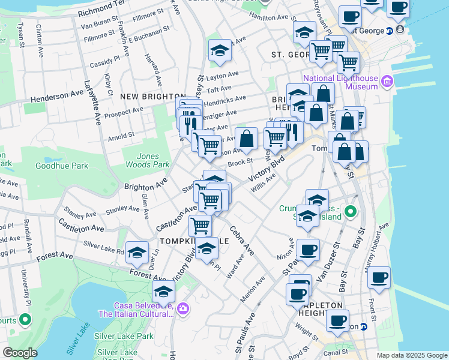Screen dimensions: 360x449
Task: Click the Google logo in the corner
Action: click(x=19, y=353)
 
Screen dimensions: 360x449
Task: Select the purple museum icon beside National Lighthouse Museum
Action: click(x=386, y=81)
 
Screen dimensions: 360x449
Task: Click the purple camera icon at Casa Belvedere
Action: click(x=182, y=309)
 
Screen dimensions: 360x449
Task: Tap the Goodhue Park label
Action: click(x=62, y=166)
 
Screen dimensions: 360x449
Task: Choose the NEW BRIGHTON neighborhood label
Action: click(x=152, y=96)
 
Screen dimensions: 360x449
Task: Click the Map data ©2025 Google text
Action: click(x=411, y=355)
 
